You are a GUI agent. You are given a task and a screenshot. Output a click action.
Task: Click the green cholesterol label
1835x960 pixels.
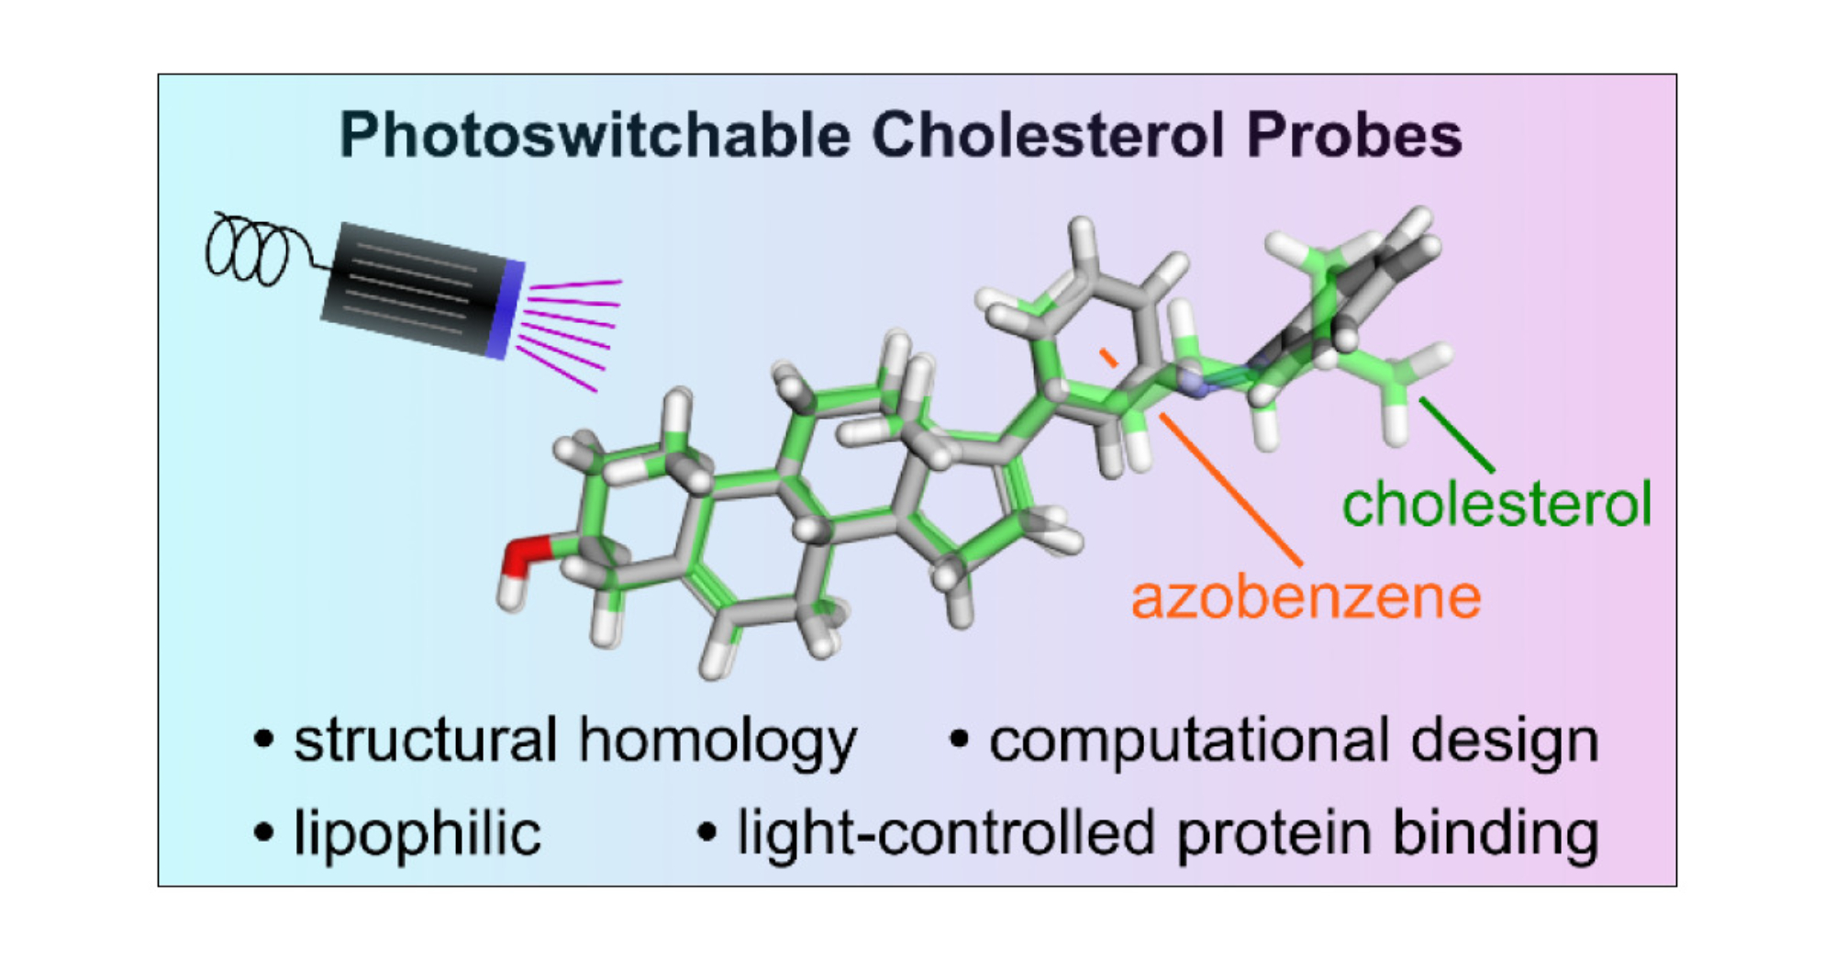(1496, 504)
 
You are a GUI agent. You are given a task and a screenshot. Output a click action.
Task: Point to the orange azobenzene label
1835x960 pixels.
(1306, 597)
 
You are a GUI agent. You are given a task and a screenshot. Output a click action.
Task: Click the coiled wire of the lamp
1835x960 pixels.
(248, 250)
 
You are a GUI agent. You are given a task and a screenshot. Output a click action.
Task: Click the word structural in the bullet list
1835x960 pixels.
(426, 740)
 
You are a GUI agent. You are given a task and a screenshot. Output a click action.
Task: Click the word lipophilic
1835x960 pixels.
(417, 833)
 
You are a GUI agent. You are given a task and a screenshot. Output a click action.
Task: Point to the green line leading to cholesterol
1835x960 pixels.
(1457, 435)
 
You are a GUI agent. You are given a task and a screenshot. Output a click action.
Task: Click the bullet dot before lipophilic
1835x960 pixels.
(264, 832)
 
